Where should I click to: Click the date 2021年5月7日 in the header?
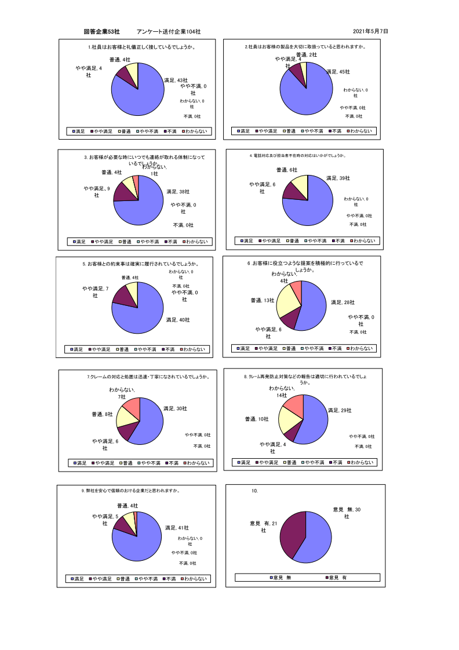coord(370,31)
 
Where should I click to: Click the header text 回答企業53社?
coord(101,31)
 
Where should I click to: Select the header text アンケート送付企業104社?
coord(169,31)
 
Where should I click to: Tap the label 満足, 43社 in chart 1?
coord(176,80)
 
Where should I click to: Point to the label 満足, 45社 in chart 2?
coord(338,72)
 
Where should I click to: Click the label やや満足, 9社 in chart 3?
coord(97,192)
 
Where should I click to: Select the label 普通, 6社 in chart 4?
coord(286,170)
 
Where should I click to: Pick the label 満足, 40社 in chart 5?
coord(178,319)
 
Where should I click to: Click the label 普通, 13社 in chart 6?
coord(263,300)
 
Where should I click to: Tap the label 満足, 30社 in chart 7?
coord(175,408)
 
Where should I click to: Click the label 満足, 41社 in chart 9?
coord(177,528)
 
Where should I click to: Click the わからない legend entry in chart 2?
coord(360,132)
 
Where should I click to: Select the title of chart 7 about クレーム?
coord(148,377)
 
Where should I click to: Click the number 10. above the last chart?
coord(254,491)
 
